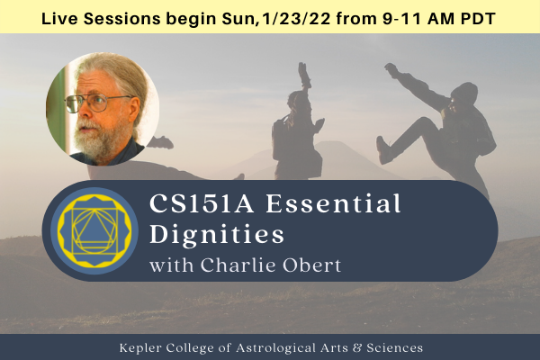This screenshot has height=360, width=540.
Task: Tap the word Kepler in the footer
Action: coord(140,346)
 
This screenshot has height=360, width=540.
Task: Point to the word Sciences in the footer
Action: coord(394,346)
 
